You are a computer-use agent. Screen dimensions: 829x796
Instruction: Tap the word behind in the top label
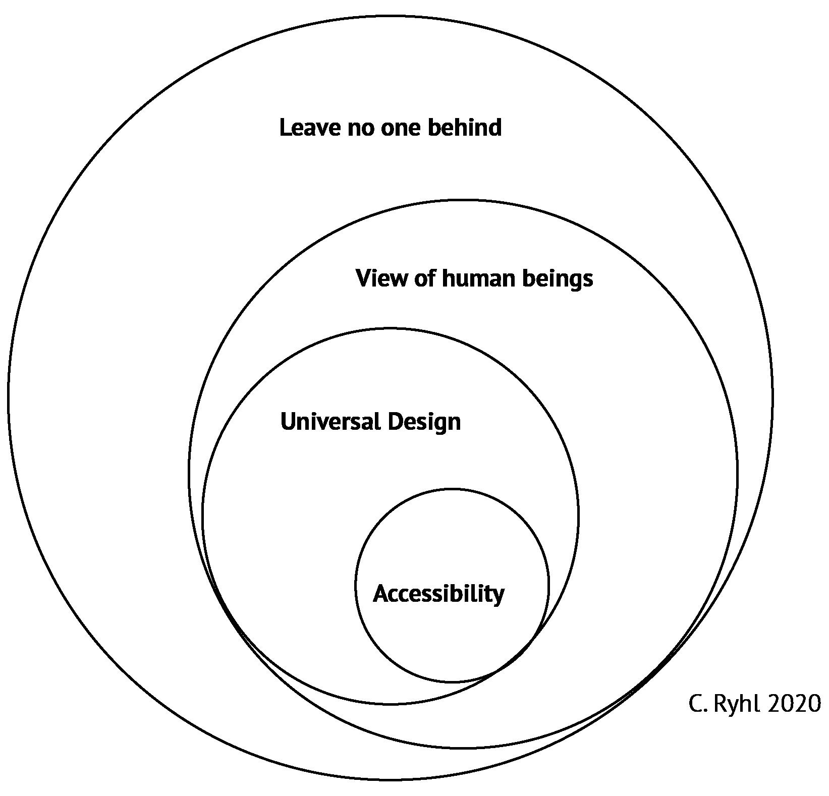pos(465,127)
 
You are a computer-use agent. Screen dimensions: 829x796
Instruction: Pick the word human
pos(478,278)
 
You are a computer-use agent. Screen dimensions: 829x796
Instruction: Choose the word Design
pos(424,423)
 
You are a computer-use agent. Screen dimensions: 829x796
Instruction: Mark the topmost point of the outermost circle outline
pos(390,16)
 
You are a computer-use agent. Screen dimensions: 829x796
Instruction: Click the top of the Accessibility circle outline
pos(452,489)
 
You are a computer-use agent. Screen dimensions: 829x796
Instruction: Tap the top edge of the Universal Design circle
pos(390,329)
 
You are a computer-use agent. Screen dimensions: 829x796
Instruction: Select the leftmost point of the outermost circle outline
pos(8,397)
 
